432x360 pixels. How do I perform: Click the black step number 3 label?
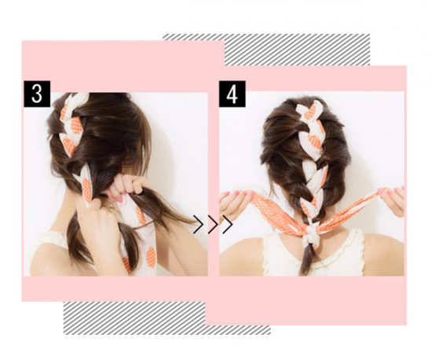click(x=37, y=94)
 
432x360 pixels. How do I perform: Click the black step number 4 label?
click(x=232, y=94)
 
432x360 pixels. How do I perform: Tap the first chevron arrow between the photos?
click(x=199, y=224)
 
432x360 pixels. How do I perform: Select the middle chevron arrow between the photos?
click(x=213, y=224)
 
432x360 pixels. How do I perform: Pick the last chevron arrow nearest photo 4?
click(x=228, y=224)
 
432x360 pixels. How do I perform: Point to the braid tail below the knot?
click(x=306, y=259)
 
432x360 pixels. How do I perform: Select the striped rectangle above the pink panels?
click(x=297, y=50)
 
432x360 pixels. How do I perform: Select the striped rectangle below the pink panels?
click(x=167, y=318)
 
